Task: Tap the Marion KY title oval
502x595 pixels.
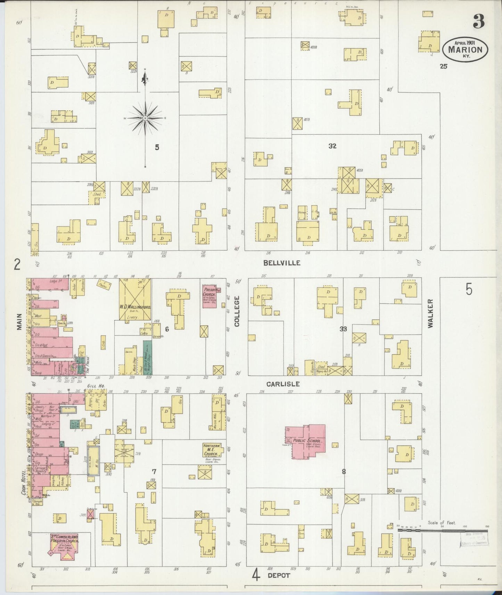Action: point(465,49)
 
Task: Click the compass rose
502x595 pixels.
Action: point(145,118)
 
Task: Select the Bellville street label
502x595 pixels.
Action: point(282,263)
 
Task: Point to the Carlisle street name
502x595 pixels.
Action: point(283,384)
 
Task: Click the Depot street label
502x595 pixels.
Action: point(279,575)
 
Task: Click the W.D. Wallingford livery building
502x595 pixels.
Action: point(135,299)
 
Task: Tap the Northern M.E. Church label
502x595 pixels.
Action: point(211,450)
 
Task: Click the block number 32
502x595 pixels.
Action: point(332,146)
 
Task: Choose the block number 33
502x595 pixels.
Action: point(343,329)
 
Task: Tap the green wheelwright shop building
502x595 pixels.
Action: point(147,358)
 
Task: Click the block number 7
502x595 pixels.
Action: point(154,471)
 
